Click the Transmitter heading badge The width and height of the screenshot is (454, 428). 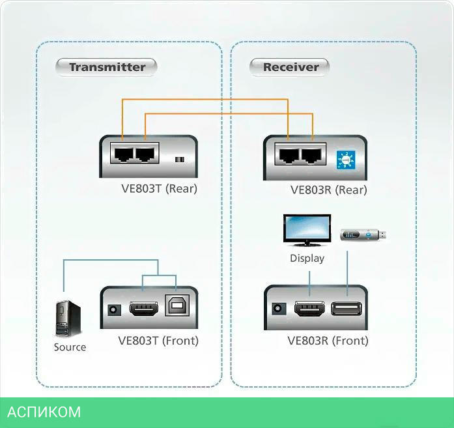[x=107, y=66]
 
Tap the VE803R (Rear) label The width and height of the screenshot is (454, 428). [x=328, y=190]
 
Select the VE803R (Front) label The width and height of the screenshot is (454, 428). [x=328, y=341]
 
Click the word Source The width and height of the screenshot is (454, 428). [x=70, y=347]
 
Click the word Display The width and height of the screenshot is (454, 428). [x=307, y=258]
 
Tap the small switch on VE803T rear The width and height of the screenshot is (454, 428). [x=180, y=160]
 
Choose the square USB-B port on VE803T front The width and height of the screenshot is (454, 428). [x=176, y=309]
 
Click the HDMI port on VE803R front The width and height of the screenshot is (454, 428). [x=309, y=309]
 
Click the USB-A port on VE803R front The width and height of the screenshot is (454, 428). [x=346, y=309]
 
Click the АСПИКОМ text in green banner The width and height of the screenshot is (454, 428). [x=44, y=412]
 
